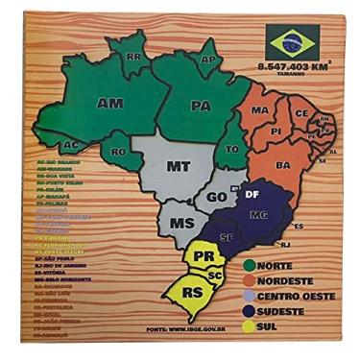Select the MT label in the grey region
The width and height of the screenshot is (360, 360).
pos(177,166)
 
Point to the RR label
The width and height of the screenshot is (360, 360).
pos(134,58)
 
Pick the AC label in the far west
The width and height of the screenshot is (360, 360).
pos(70,145)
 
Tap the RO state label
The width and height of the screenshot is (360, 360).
pos(119,152)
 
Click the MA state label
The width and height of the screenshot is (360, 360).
pos(259,111)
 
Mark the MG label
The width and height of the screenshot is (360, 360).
pos(256,217)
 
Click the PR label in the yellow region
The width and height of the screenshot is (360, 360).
pos(203,257)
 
